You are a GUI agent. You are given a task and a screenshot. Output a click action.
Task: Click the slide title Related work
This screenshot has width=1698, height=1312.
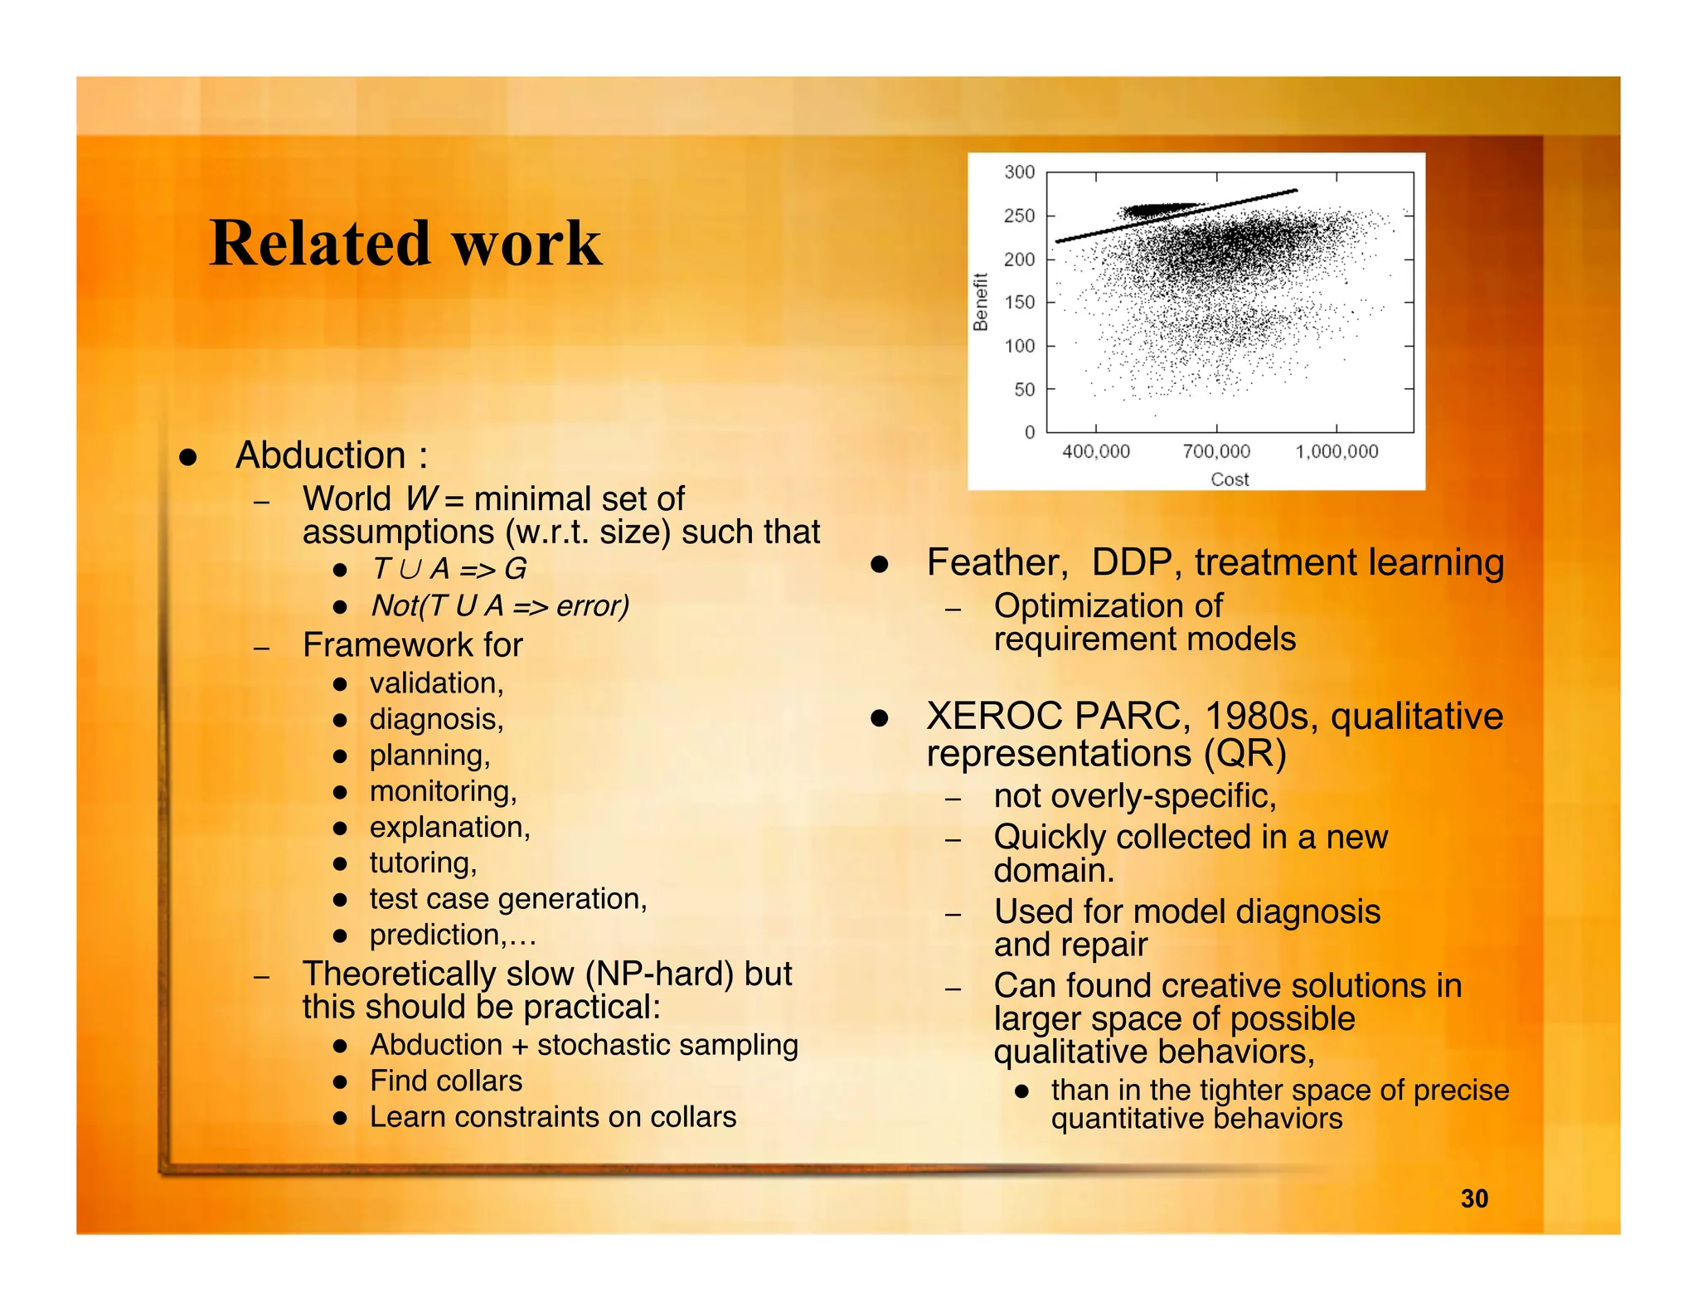(x=405, y=243)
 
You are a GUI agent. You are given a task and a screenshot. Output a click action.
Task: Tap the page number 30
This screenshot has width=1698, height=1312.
(x=1473, y=1198)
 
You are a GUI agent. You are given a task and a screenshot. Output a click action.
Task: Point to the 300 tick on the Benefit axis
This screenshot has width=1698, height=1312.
(x=1019, y=173)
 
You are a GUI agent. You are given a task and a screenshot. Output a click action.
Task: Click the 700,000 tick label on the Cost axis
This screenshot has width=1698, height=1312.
(x=1215, y=452)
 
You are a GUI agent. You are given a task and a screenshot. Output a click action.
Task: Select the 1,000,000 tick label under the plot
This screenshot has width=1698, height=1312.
(x=1336, y=452)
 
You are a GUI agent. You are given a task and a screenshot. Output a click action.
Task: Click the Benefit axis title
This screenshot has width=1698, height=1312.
(x=981, y=302)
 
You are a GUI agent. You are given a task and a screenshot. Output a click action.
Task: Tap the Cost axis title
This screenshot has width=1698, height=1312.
(x=1229, y=479)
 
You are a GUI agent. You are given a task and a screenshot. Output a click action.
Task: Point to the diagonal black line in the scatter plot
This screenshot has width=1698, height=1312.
(x=1177, y=216)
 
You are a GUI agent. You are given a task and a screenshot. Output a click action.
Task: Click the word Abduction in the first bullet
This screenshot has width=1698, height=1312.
(x=321, y=455)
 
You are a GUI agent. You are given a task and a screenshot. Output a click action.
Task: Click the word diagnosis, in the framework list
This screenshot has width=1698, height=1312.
(x=436, y=719)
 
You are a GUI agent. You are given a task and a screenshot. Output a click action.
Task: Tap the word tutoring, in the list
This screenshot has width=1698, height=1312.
(x=423, y=863)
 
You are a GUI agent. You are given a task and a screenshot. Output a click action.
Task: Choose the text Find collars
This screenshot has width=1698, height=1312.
(x=446, y=1081)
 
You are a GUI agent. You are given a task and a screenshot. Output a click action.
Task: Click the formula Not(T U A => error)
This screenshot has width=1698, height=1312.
(x=500, y=605)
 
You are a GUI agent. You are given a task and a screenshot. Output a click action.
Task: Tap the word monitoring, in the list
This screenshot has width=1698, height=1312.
(x=443, y=791)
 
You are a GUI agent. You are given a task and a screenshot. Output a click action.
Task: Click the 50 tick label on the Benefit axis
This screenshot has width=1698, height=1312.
(x=1024, y=390)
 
